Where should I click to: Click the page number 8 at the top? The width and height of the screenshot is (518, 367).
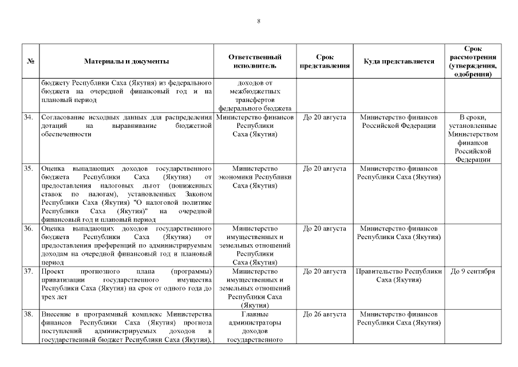point(259,21)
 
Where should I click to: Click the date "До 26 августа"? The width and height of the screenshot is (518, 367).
point(325,315)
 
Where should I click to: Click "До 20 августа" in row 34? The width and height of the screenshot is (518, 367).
point(325,118)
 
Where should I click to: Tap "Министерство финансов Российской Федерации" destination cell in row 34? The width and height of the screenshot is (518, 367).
point(399,122)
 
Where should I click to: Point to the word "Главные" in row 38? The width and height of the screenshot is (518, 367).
point(255,315)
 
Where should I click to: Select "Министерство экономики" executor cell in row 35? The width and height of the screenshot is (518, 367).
point(255,177)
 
